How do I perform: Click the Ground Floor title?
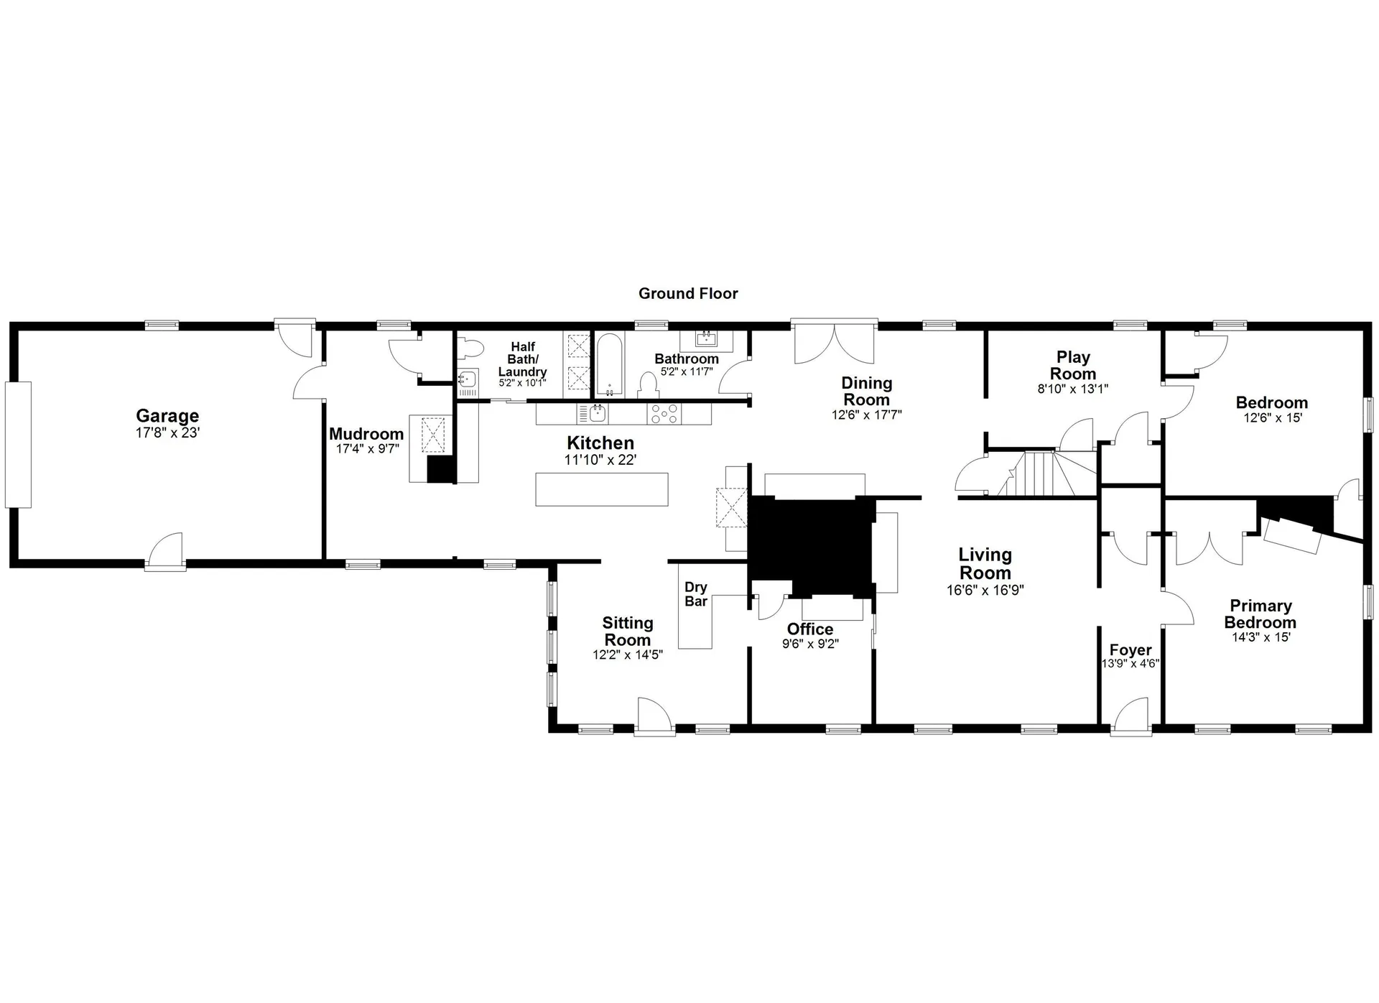pyautogui.click(x=688, y=293)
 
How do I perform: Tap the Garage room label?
pyautogui.click(x=167, y=416)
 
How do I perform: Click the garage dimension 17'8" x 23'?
pyautogui.click(x=167, y=433)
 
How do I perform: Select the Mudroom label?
pyautogui.click(x=366, y=434)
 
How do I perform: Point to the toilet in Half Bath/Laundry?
pyautogui.click(x=472, y=349)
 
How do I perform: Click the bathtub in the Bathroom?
pyautogui.click(x=609, y=364)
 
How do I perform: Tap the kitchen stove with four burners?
pyautogui.click(x=664, y=414)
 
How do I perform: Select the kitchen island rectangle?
pyautogui.click(x=602, y=489)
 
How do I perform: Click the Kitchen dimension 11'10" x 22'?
pyautogui.click(x=600, y=460)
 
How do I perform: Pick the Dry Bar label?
pyautogui.click(x=695, y=594)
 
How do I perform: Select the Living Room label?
pyautogui.click(x=985, y=564)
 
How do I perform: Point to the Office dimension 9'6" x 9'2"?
pyautogui.click(x=810, y=644)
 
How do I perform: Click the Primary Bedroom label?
pyautogui.click(x=1260, y=614)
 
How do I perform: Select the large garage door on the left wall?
pyautogui.click(x=18, y=445)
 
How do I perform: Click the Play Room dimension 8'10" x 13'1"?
pyautogui.click(x=1072, y=389)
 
